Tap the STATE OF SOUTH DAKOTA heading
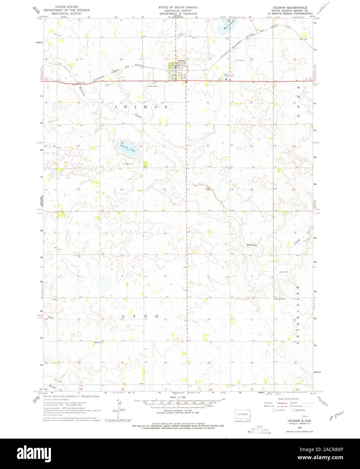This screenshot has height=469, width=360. (x=179, y=7)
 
